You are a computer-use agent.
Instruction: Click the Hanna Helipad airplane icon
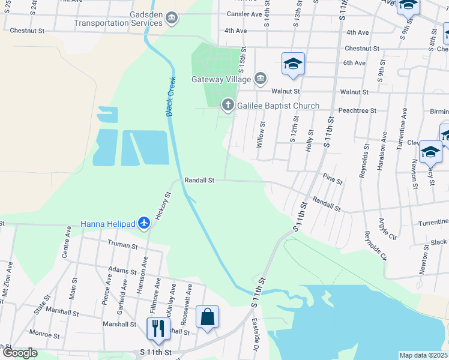(143, 223)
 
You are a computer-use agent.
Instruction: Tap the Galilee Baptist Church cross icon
(228, 106)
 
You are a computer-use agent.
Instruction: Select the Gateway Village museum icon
(261, 79)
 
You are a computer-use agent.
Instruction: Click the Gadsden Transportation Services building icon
(172, 19)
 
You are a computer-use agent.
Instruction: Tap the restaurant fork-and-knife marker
(158, 329)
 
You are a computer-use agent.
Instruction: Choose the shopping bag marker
(207, 317)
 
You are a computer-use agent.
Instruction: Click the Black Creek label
(171, 96)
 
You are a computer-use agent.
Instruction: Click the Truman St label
(122, 245)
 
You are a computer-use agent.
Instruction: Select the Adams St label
(122, 271)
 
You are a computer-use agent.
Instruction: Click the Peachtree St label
(357, 110)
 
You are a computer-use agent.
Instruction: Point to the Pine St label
(333, 179)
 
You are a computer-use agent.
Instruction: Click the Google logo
(20, 353)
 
